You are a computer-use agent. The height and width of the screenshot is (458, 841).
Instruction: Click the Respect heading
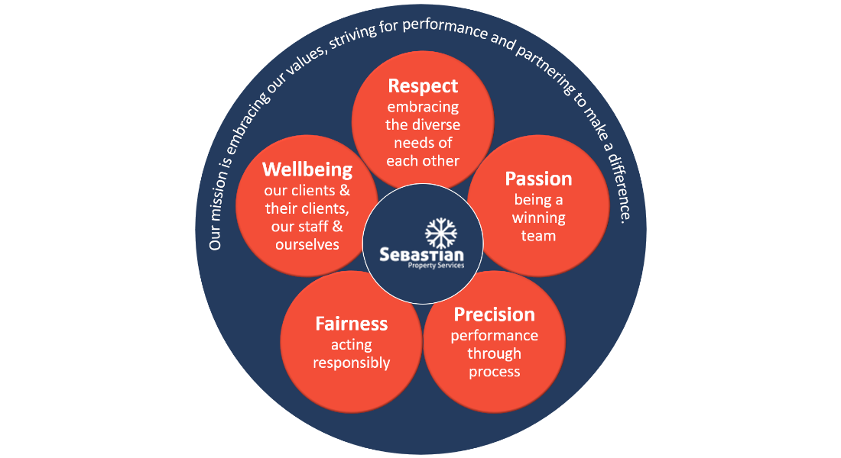coord(423,85)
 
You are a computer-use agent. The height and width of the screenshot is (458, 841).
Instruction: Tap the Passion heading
coord(538,179)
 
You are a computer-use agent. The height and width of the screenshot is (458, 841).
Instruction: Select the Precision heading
coord(494,314)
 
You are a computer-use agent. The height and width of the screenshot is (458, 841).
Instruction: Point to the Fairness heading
coord(351,324)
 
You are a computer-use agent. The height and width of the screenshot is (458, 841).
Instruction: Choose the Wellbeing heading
coord(307,169)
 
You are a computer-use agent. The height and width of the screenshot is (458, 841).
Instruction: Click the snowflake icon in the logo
coord(440,233)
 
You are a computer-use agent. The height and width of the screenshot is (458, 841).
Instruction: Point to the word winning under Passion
coord(538,218)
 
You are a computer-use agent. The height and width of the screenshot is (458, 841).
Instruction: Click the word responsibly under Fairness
coord(351,363)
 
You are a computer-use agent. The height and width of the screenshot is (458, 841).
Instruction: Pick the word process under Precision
coord(494,372)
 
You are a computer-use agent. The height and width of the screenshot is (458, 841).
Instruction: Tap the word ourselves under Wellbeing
coord(307,244)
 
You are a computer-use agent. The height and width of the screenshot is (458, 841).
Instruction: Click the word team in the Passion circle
coord(538,236)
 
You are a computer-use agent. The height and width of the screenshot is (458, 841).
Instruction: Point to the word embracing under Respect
coord(423,107)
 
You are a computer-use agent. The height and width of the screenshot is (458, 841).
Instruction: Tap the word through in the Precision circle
coord(494,353)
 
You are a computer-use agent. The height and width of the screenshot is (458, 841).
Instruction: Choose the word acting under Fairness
coord(351,345)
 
